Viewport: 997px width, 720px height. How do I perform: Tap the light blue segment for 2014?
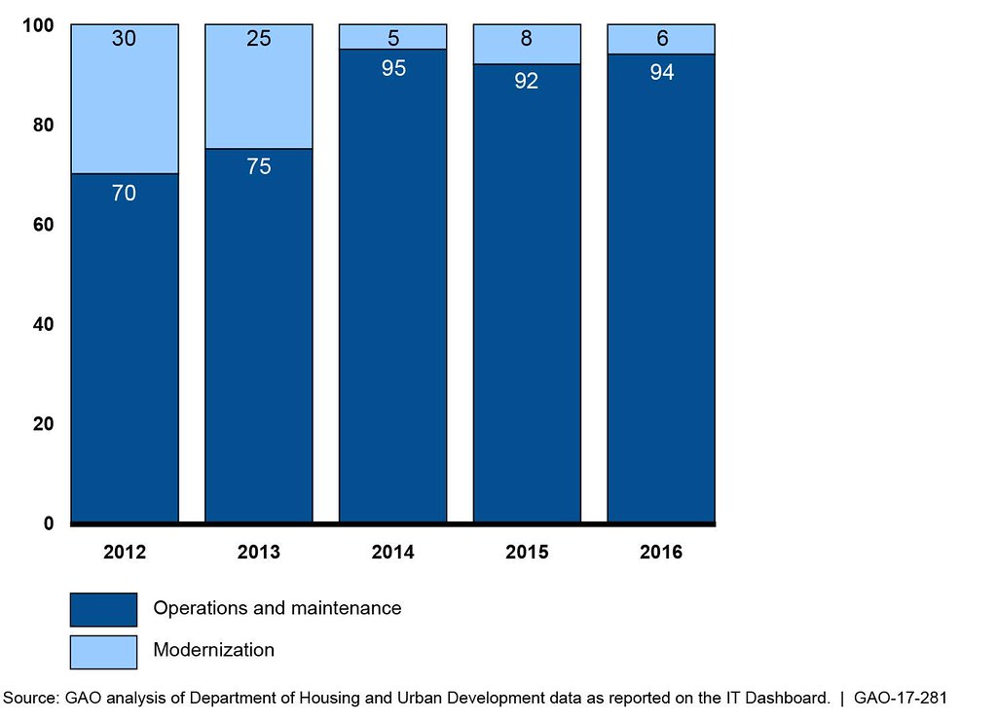pos(392,37)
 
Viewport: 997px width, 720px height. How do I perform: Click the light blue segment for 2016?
pos(661,39)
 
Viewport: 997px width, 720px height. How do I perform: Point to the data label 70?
pos(124,193)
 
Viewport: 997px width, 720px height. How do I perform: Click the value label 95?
pos(393,69)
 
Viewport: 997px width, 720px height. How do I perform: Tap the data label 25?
pos(258,39)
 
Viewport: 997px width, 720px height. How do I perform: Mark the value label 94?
pos(661,72)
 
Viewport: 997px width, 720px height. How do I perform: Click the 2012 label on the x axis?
pos(125,553)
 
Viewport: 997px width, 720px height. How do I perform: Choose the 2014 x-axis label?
pos(392,553)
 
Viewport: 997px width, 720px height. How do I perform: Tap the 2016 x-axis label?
pos(661,553)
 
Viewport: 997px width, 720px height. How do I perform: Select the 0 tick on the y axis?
pos(49,523)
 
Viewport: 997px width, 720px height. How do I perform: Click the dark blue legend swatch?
pos(103,609)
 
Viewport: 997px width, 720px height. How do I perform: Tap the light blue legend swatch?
pos(103,651)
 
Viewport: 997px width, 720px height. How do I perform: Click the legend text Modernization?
pos(213,650)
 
